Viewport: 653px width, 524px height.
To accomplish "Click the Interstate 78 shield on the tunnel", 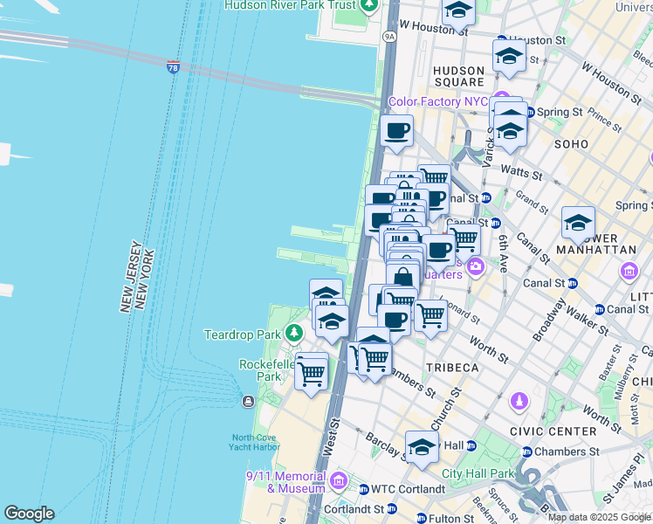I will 174,67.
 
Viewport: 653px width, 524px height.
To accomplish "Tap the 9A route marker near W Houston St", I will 389,37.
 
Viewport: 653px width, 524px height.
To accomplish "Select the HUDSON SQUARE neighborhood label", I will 458,76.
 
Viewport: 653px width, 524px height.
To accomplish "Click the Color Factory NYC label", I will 437,101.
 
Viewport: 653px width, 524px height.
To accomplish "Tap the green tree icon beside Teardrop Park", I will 295,334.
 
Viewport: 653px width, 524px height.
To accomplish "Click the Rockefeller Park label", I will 260,370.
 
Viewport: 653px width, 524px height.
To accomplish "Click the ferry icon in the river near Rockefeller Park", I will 248,401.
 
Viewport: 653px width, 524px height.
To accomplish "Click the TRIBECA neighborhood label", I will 452,368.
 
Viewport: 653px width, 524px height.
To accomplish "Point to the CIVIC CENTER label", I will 561,431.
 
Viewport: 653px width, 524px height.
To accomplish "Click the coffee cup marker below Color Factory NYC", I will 396,132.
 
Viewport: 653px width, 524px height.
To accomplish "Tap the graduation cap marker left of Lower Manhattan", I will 577,224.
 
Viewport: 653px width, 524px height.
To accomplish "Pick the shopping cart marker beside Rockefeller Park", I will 312,372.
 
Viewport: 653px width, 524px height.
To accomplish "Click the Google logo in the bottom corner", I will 29,514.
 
